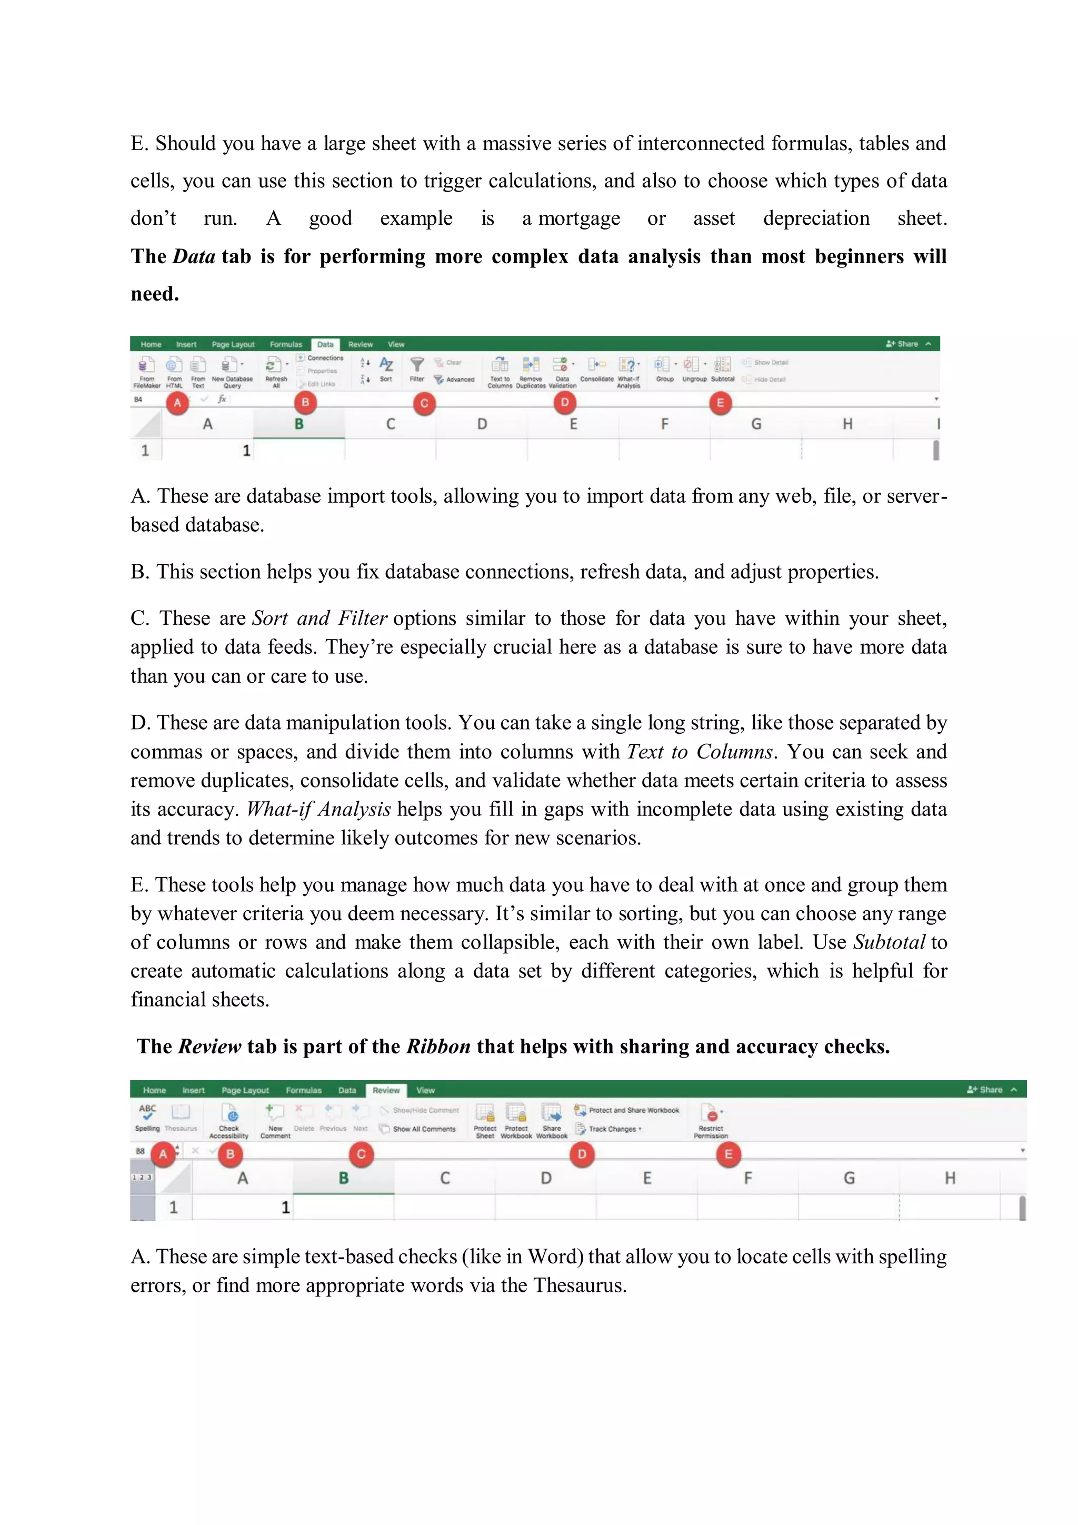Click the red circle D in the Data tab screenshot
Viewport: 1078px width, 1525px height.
tap(565, 403)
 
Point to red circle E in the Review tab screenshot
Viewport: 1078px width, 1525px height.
tap(728, 1154)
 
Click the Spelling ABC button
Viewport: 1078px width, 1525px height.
tap(147, 1117)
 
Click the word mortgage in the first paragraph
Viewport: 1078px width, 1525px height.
tap(578, 218)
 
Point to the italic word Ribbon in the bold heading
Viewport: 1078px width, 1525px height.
tap(438, 1047)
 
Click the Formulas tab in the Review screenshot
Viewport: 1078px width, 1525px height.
tap(304, 1090)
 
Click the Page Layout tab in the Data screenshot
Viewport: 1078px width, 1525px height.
tap(233, 345)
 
